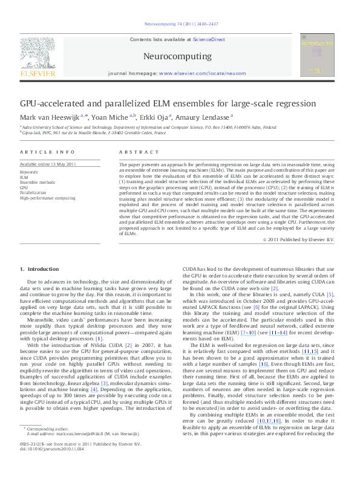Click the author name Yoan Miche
coord(94,117)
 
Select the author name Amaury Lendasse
coord(200,117)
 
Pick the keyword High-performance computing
coord(48,198)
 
